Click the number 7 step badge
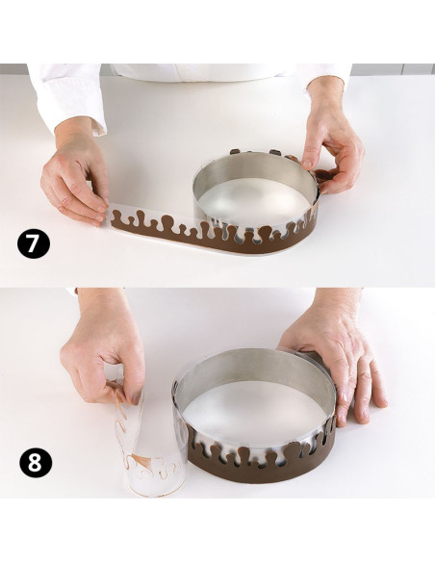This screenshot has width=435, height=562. click(33, 243)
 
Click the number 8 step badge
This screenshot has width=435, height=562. click(36, 462)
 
